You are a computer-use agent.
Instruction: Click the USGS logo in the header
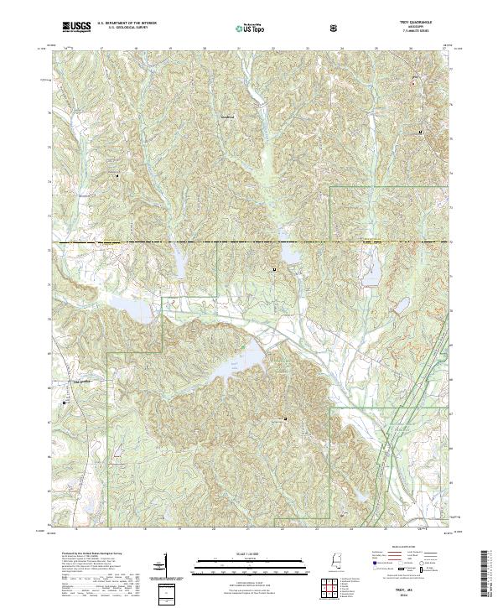click(x=77, y=27)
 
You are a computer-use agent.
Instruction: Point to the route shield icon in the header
click(x=334, y=28)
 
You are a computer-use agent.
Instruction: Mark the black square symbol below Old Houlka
click(x=65, y=403)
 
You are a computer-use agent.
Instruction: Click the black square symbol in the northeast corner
click(x=421, y=133)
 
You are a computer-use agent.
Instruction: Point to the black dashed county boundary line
click(x=251, y=242)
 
